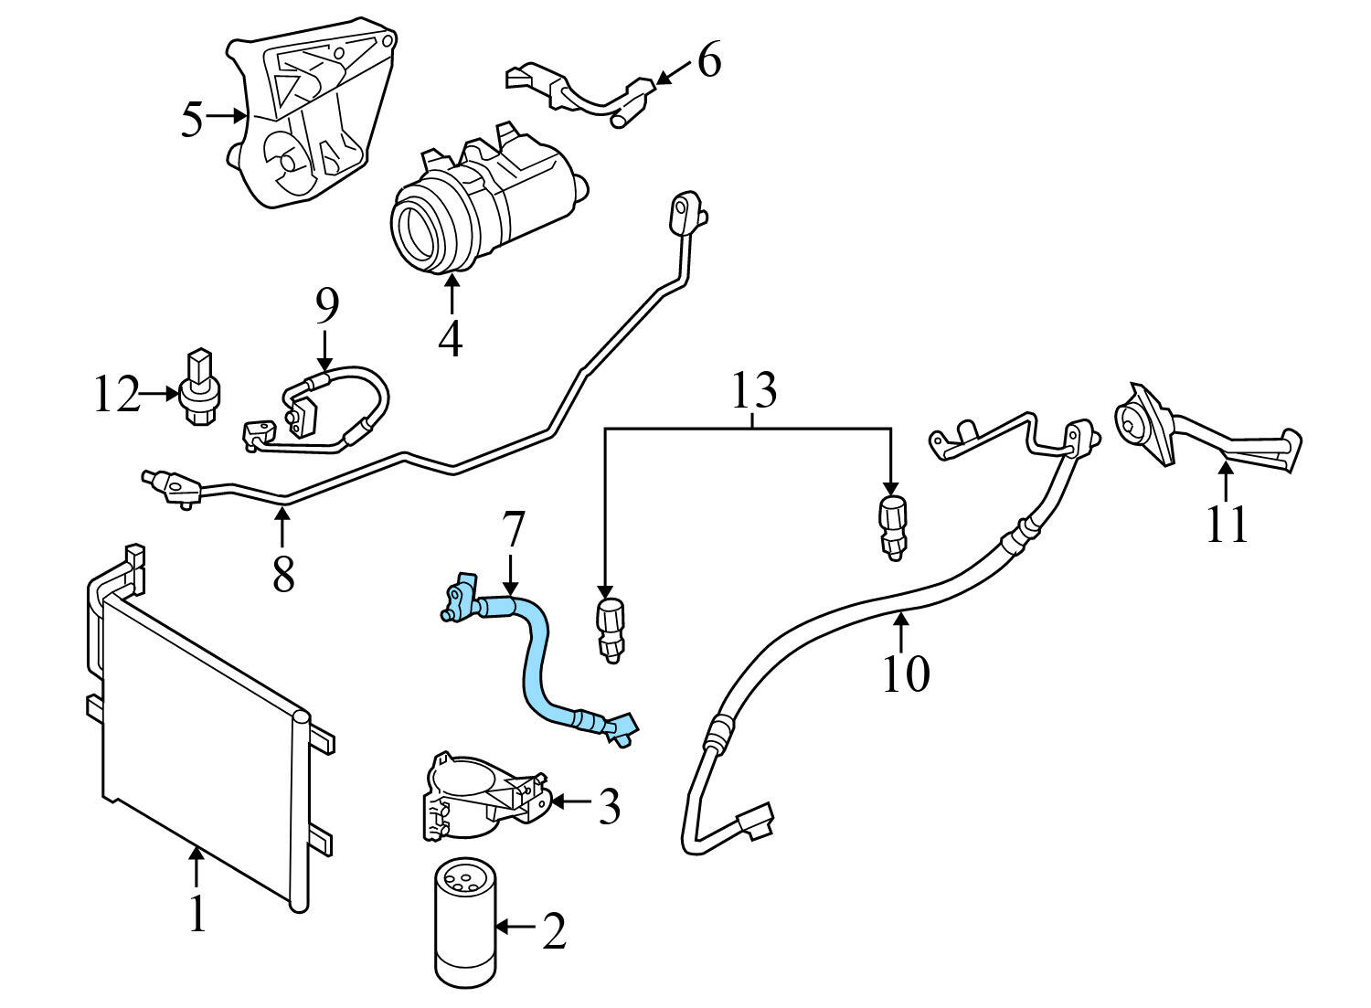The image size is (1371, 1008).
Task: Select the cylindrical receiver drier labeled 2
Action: click(463, 923)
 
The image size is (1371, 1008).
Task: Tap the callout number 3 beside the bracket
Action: click(609, 807)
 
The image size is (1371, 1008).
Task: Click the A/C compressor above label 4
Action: click(484, 201)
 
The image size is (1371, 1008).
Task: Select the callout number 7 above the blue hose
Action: click(514, 531)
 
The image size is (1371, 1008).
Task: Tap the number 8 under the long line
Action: click(282, 573)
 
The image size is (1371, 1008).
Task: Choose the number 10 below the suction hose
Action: click(905, 674)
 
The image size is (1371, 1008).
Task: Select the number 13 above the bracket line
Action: click(753, 390)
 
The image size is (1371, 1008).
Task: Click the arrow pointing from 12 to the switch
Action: click(161, 395)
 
